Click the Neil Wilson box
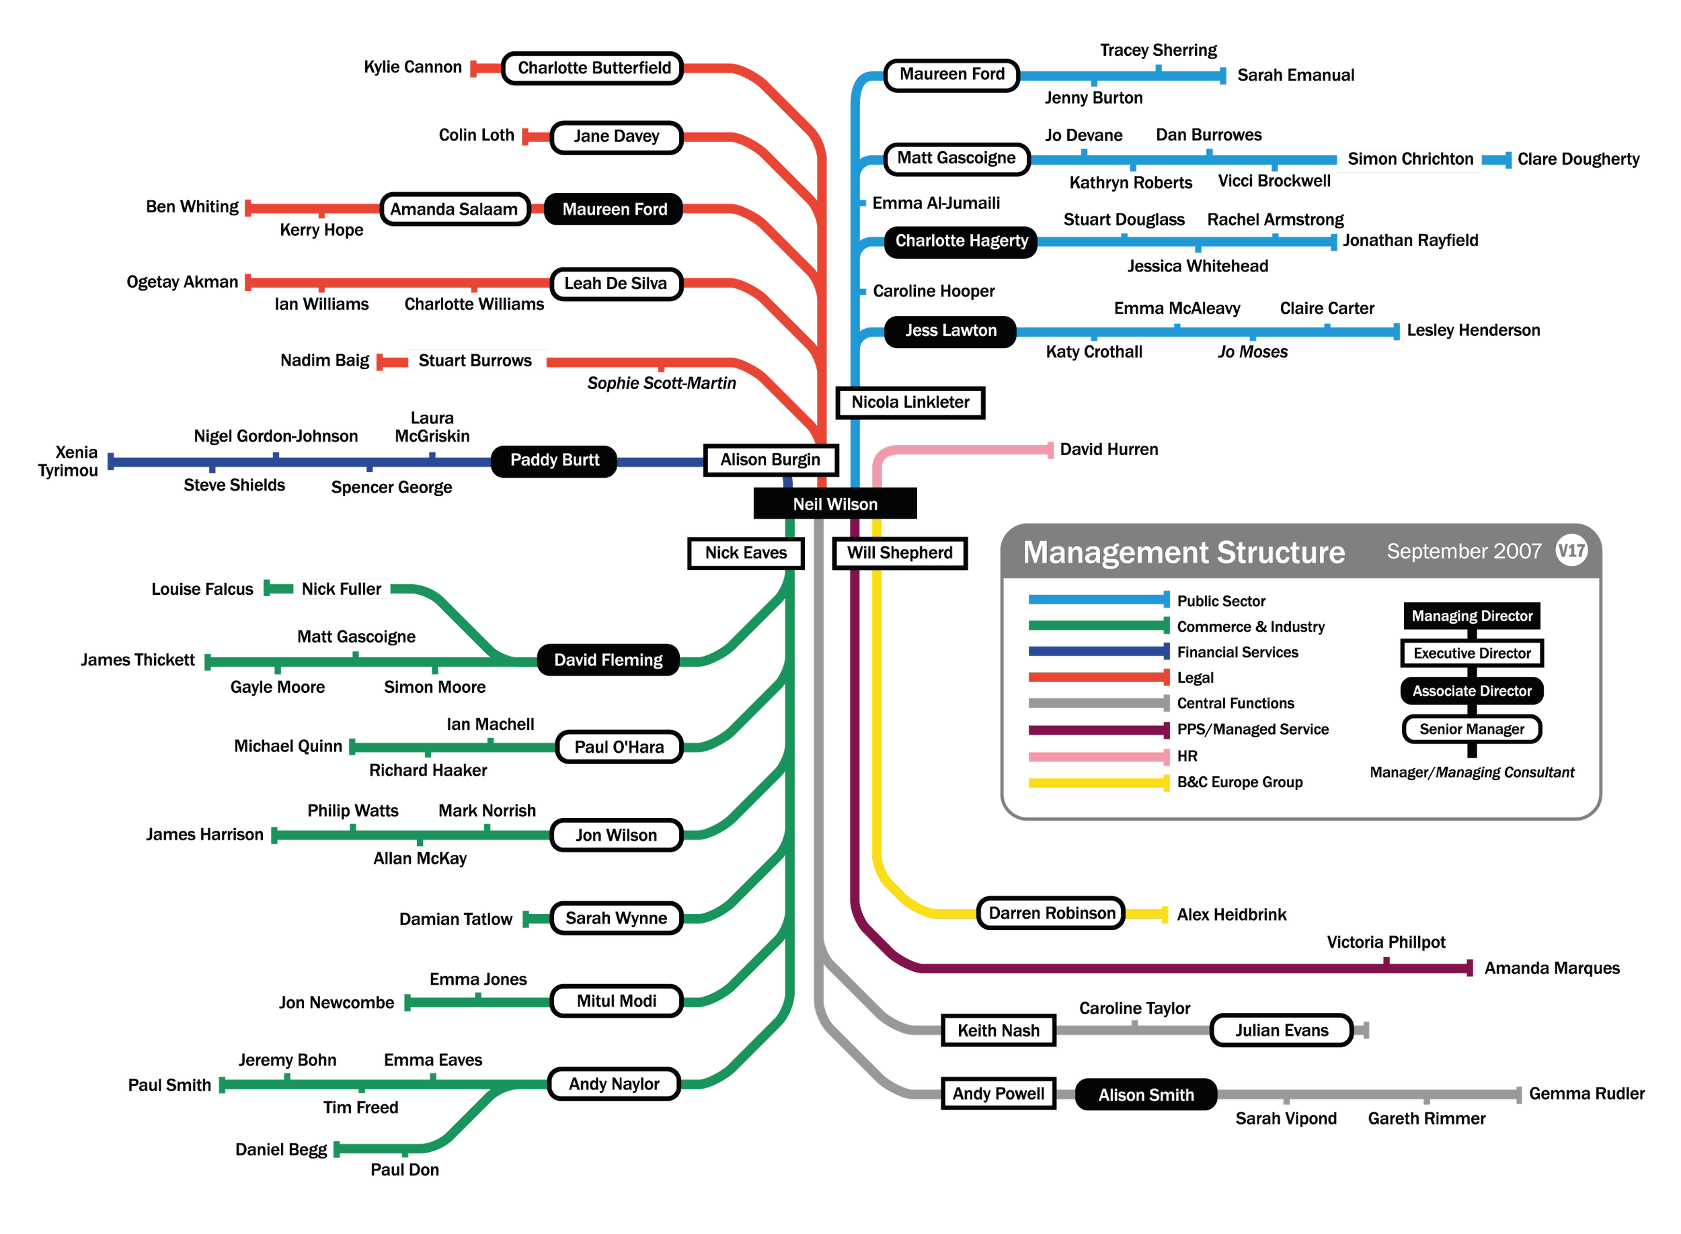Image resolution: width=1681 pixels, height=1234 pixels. click(x=834, y=504)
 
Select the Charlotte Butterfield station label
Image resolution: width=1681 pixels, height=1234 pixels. click(x=594, y=68)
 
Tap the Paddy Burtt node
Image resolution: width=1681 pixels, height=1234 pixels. click(x=554, y=460)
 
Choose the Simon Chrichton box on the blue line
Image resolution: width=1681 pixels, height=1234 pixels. click(x=1410, y=159)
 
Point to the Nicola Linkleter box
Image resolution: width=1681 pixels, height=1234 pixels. click(x=910, y=403)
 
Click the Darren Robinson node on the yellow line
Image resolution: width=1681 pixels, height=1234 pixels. click(x=1051, y=913)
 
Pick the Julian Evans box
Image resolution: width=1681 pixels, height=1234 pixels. click(x=1282, y=1031)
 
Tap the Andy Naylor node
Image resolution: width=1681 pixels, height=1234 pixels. click(x=613, y=1084)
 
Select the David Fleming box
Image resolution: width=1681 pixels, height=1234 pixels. click(x=608, y=660)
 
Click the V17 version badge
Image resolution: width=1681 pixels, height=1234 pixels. click(x=1571, y=551)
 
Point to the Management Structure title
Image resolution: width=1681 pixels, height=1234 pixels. click(x=1183, y=552)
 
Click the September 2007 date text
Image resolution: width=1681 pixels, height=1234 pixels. click(x=1464, y=551)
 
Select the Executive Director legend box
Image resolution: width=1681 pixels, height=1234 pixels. click(x=1472, y=653)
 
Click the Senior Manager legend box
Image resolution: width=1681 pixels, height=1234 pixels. click(x=1472, y=729)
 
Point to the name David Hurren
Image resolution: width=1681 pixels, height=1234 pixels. click(x=1109, y=449)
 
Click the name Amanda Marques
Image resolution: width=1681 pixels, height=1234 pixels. click(x=1552, y=969)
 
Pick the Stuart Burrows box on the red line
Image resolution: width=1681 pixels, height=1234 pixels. click(x=475, y=361)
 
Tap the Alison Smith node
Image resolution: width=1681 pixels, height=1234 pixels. click(x=1146, y=1095)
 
